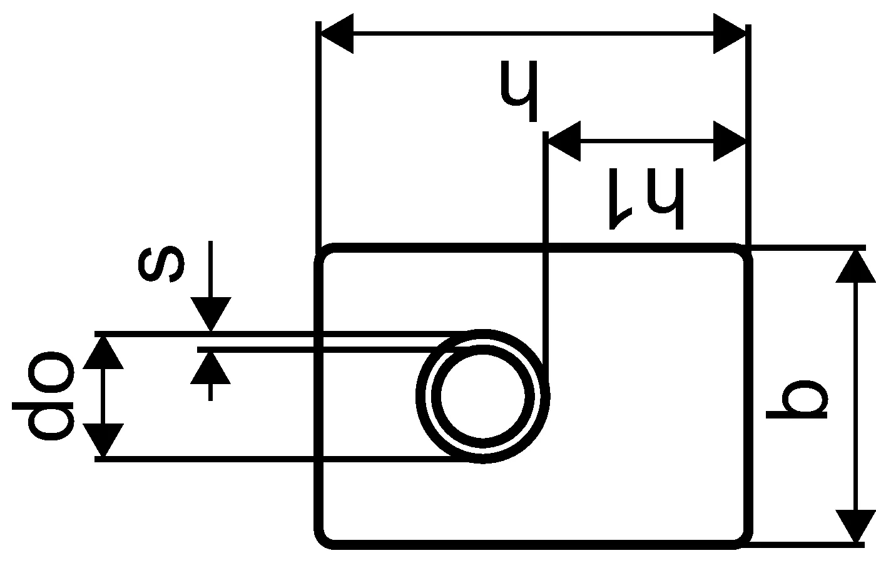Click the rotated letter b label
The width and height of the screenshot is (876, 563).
[798, 399]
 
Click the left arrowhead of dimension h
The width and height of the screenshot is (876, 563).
[337, 35]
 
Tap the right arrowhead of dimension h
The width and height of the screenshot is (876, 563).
[730, 35]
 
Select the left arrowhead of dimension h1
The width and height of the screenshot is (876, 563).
[564, 141]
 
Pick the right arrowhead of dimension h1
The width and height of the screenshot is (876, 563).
[730, 141]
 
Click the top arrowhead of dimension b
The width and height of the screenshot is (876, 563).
[855, 265]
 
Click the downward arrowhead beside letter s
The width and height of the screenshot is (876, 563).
[211, 314]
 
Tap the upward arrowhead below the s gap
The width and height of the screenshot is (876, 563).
[211, 368]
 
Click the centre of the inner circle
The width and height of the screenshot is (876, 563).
[482, 396]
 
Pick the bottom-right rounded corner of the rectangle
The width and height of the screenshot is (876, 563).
[742, 538]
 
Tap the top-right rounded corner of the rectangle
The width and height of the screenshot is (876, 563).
[742, 254]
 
